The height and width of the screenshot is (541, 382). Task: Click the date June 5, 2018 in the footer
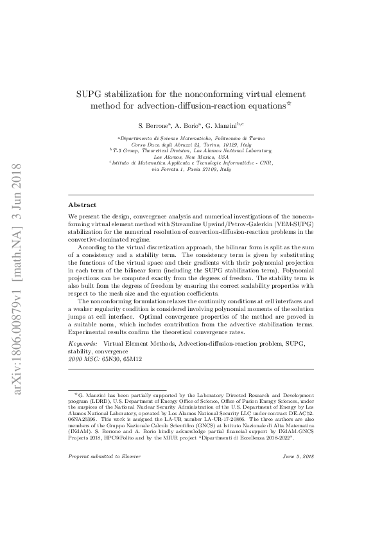(x=298, y=456)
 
